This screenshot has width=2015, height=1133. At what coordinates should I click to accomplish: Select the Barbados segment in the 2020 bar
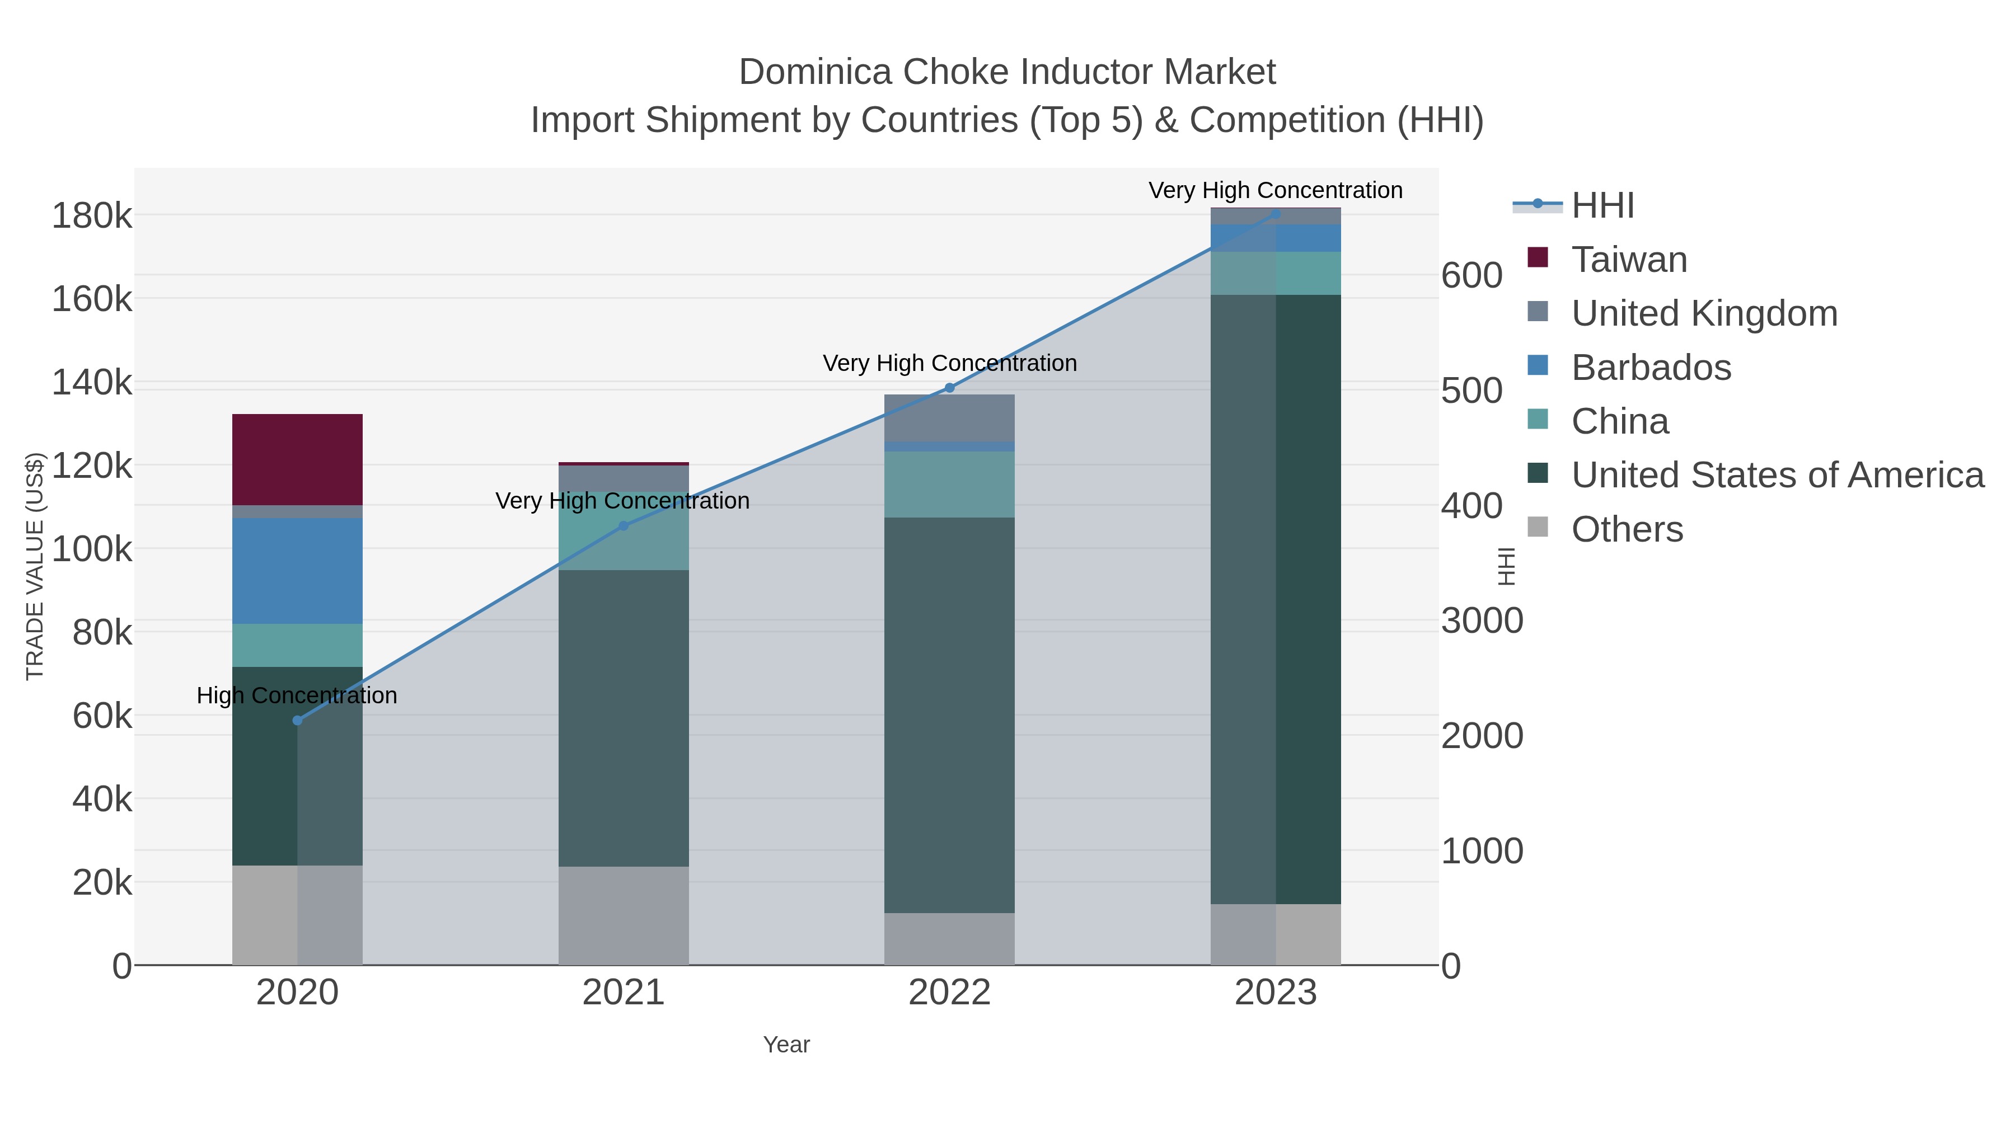pos(297,570)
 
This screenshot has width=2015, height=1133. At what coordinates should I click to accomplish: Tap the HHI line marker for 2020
pos(297,720)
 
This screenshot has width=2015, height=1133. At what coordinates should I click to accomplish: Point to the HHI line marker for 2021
pos(624,525)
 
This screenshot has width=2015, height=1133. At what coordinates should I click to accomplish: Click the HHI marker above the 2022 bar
pos(950,388)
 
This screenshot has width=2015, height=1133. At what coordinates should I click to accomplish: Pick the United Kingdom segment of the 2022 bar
pos(950,417)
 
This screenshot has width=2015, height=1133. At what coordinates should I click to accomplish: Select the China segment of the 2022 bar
pos(950,484)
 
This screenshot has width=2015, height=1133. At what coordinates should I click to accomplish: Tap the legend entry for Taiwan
pos(1629,260)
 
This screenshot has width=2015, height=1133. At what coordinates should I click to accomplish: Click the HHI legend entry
pos(1602,206)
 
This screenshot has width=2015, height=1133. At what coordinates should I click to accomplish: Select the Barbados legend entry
pos(1651,368)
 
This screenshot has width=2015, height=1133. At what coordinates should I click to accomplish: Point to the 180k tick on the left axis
pos(92,216)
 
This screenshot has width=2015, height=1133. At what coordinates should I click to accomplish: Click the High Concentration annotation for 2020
pos(297,695)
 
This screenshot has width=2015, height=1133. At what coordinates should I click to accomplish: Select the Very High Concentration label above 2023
pos(1275,190)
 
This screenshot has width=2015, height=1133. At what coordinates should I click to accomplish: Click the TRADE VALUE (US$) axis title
pos(35,566)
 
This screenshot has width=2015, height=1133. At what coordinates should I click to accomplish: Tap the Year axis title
pos(786,1045)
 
